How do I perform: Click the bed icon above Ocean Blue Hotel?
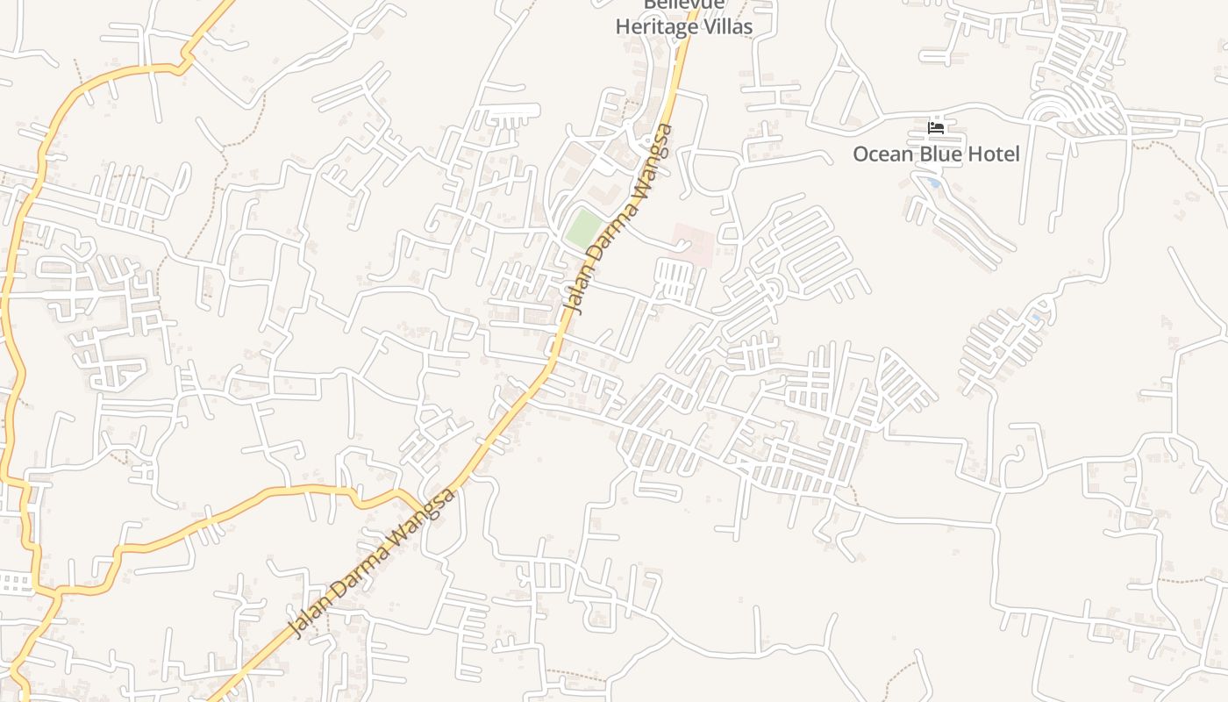click(936, 128)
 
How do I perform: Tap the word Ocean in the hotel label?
click(883, 154)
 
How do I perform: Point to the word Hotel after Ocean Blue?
click(995, 154)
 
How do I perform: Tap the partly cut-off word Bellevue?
click(684, 4)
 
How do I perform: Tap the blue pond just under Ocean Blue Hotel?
click(932, 183)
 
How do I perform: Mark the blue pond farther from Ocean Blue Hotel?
click(1036, 317)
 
